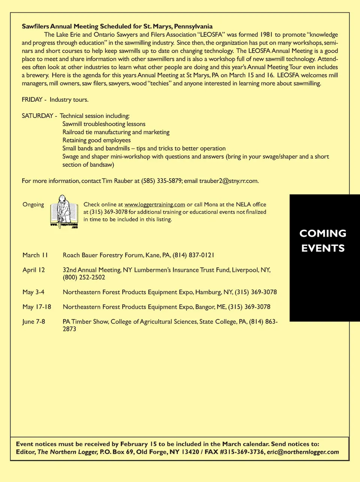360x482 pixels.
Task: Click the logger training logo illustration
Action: click(64, 212)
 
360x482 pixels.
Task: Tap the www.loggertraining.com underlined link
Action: click(154, 205)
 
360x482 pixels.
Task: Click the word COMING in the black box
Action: click(323, 233)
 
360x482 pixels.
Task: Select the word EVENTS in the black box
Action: click(323, 248)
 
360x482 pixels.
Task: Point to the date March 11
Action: click(35, 255)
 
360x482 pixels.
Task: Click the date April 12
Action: click(34, 270)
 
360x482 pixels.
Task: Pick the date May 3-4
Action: click(33, 292)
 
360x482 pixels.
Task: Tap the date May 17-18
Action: click(37, 307)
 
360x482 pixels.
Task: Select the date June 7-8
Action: click(34, 322)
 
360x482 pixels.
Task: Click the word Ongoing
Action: click(33, 205)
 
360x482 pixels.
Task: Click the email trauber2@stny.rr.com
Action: click(228, 181)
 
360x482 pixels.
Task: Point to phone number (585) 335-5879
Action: click(162, 181)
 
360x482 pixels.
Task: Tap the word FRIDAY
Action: click(32, 99)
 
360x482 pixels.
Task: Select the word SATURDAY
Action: click(37, 116)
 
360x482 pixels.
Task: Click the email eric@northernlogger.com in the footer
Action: click(303, 452)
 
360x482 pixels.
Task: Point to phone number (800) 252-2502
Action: click(84, 277)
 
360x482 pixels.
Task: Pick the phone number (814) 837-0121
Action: click(193, 255)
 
